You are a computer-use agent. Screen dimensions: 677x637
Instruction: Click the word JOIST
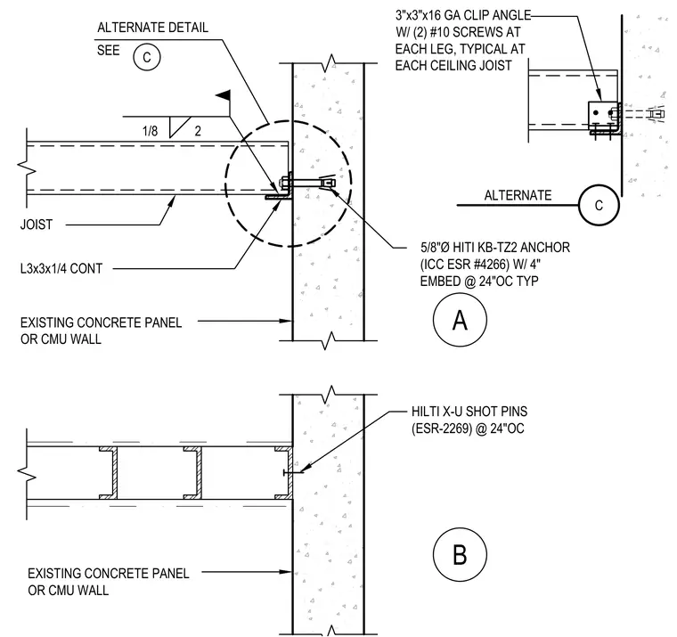pyautogui.click(x=37, y=225)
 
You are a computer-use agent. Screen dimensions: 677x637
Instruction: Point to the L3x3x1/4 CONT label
pyautogui.click(x=61, y=269)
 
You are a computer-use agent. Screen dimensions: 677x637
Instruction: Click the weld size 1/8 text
pyautogui.click(x=150, y=131)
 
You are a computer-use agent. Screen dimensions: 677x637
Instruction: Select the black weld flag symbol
pyautogui.click(x=224, y=95)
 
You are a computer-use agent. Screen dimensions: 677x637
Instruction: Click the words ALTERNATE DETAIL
pyautogui.click(x=153, y=28)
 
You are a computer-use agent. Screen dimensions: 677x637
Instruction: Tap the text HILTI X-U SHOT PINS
pyautogui.click(x=469, y=412)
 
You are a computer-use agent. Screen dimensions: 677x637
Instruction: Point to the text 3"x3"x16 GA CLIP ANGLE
pyautogui.click(x=463, y=15)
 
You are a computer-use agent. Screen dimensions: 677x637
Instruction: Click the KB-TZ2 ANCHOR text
pyautogui.click(x=524, y=248)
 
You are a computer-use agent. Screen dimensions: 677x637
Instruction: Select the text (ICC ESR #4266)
pyautogui.click(x=465, y=265)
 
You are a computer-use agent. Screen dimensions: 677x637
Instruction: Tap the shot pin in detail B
pyautogui.click(x=293, y=472)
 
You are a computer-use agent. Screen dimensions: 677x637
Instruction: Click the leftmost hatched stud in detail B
pyautogui.click(x=109, y=473)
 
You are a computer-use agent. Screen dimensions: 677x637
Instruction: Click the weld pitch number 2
pyautogui.click(x=198, y=131)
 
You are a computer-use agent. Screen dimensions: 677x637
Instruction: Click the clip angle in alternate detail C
pyautogui.click(x=605, y=118)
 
